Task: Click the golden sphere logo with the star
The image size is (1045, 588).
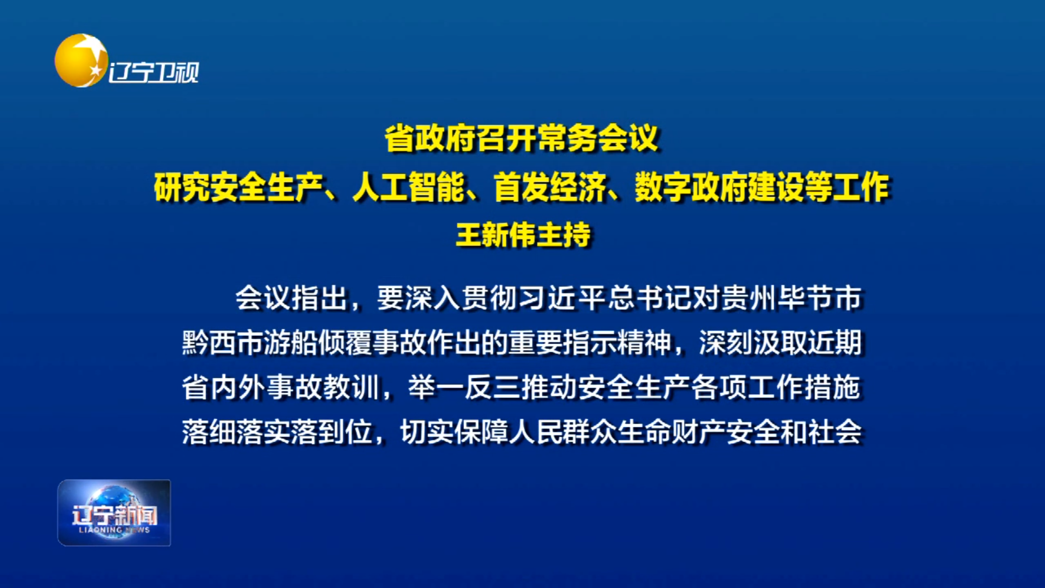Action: [x=81, y=60]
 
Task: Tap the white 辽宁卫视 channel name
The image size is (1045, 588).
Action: [x=153, y=73]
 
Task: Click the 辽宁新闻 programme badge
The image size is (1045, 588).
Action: [x=114, y=512]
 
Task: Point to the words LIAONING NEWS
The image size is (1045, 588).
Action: [x=114, y=530]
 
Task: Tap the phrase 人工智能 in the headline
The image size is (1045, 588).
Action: [x=409, y=187]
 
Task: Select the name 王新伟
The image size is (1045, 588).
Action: [x=496, y=235]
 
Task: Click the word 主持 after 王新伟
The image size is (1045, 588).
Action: [x=564, y=235]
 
